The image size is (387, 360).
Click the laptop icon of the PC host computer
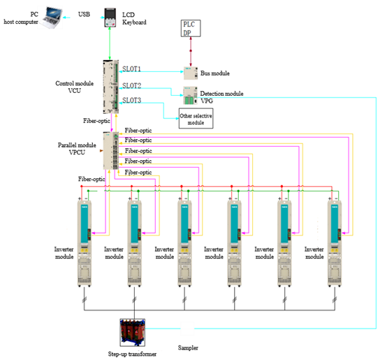50,17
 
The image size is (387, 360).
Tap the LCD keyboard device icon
110,17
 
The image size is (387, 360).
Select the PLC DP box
191,29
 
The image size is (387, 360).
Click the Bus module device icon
191,73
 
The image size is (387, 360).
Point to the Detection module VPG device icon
190,95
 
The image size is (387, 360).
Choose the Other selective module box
196,119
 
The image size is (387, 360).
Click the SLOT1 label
131,69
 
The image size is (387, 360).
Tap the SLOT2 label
132,86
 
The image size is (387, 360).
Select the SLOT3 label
132,100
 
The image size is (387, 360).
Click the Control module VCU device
111,87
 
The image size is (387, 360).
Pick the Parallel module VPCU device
111,151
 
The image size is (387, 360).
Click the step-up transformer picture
133,332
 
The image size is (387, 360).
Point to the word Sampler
188,347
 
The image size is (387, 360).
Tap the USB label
84,14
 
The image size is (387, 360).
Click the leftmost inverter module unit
85,243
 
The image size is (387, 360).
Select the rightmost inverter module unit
335,243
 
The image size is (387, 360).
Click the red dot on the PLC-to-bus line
191,51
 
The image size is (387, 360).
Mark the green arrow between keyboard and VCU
110,43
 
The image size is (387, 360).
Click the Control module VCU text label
74,87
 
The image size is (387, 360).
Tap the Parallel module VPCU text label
77,149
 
